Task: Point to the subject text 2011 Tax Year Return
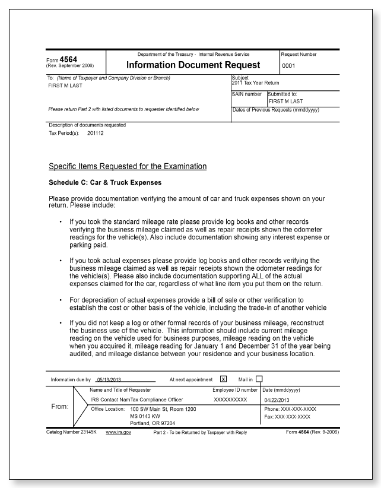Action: [x=255, y=83]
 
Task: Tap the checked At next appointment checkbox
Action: [x=224, y=379]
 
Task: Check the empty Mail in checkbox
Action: [x=259, y=379]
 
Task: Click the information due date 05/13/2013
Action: [x=109, y=379]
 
